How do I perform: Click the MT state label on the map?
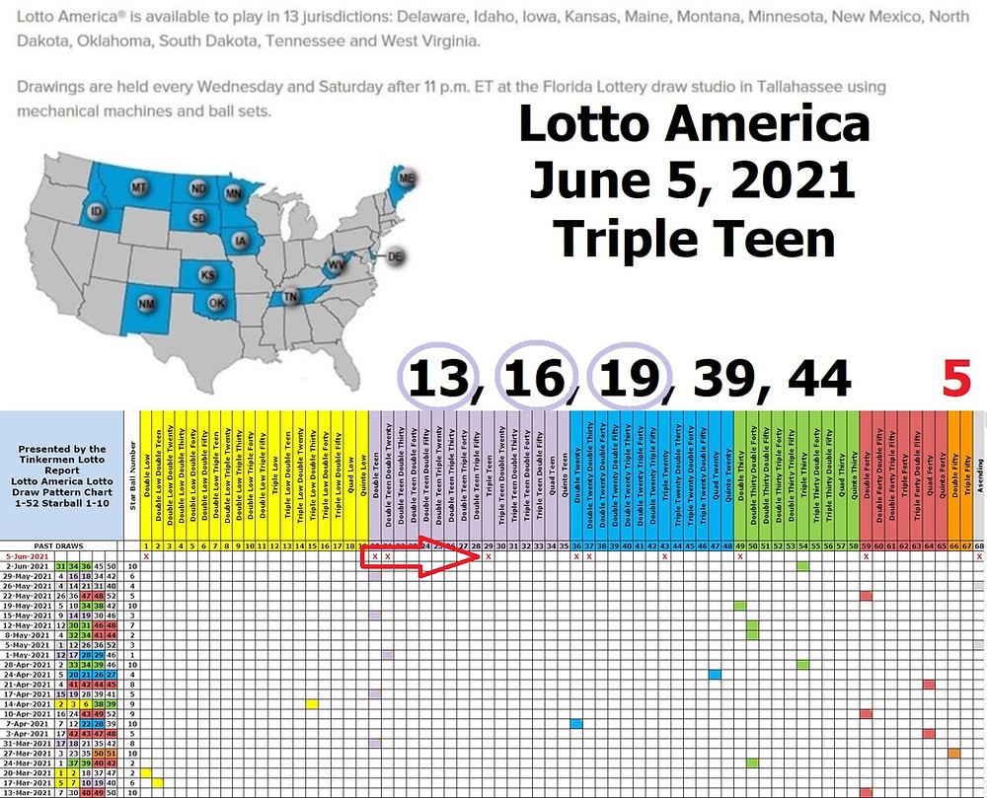pyautogui.click(x=139, y=187)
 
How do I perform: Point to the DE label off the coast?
pyautogui.click(x=396, y=256)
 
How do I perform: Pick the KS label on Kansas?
pyautogui.click(x=207, y=275)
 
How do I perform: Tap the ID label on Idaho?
pyautogui.click(x=97, y=212)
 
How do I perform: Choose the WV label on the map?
pyautogui.click(x=338, y=265)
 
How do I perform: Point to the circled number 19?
pyautogui.click(x=629, y=377)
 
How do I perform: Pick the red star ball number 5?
pyautogui.click(x=956, y=377)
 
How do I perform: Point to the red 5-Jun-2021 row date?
pyautogui.click(x=27, y=556)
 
